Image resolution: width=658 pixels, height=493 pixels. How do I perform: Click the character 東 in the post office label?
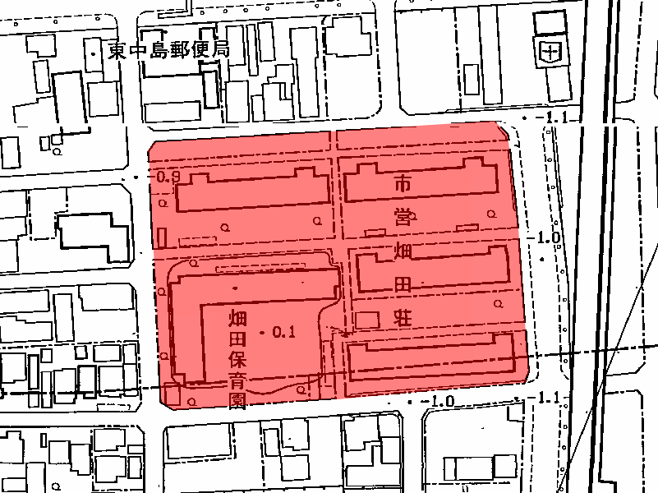coord(117,51)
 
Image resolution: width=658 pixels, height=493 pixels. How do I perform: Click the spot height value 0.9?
coord(167,177)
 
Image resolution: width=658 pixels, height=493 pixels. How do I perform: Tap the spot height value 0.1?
coord(283,332)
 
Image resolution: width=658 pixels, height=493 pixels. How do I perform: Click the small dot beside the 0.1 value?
coord(262,332)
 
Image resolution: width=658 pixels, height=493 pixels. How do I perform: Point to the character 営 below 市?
coord(403,218)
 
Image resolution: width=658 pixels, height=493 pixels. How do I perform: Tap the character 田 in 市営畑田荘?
coord(403,284)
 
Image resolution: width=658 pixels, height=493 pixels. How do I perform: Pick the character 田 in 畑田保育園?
coord(237,339)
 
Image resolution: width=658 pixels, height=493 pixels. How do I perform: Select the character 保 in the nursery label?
coord(237,359)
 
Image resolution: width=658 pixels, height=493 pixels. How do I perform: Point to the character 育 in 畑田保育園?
coord(237,380)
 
